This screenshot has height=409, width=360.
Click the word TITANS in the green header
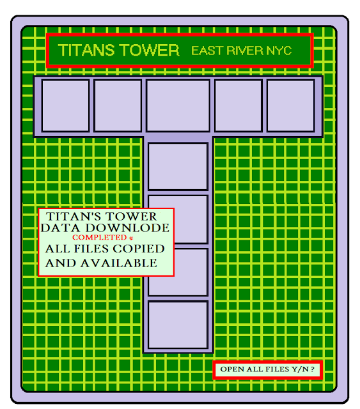[x=86, y=50]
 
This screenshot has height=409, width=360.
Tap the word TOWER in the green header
[x=150, y=50]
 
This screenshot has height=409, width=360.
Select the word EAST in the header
[x=208, y=50]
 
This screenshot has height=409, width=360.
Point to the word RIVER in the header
[x=245, y=50]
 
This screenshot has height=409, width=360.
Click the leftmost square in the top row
[x=65, y=105]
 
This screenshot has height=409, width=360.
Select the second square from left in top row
[x=118, y=105]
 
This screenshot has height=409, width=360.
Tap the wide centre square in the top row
[x=178, y=105]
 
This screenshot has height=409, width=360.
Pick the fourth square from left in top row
[x=239, y=105]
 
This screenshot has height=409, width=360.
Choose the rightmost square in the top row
[x=290, y=105]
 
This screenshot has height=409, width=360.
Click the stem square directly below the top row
[x=178, y=166]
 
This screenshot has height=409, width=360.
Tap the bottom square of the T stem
[x=178, y=325]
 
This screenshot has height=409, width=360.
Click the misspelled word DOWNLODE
[x=127, y=228]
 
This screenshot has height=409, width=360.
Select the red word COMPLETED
[x=100, y=237]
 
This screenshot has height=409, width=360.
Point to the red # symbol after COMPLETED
[x=131, y=238]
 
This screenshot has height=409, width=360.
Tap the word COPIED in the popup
[x=139, y=249]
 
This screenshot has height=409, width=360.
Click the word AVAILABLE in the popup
[x=118, y=263]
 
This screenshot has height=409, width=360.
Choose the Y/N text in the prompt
[x=301, y=369]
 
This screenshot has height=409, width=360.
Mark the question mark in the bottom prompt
[x=313, y=369]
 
